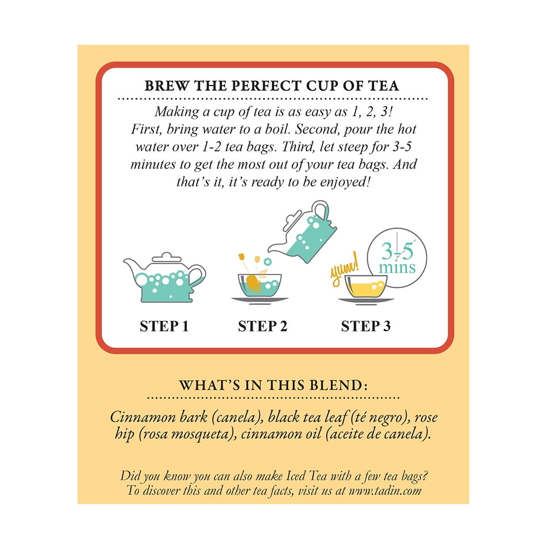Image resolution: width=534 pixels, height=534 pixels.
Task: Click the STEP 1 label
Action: click(x=164, y=326)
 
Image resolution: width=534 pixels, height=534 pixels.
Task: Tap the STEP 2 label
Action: click(x=263, y=326)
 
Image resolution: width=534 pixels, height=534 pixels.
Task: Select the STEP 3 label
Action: click(x=366, y=326)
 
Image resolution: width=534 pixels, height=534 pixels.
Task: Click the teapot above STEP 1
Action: click(x=164, y=278)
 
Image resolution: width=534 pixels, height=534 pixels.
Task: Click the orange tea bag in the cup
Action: click(x=253, y=284)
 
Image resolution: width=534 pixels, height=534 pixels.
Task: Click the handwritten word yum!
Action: click(x=344, y=269)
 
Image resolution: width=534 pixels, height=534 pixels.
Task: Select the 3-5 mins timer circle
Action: click(x=397, y=258)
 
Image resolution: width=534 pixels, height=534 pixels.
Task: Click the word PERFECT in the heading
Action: click(x=266, y=86)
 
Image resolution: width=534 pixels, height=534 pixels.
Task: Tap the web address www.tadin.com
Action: click(x=385, y=491)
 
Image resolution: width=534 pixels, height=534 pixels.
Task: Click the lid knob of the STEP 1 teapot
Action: click(x=166, y=255)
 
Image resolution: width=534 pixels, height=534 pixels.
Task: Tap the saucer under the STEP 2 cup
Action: click(x=260, y=300)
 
